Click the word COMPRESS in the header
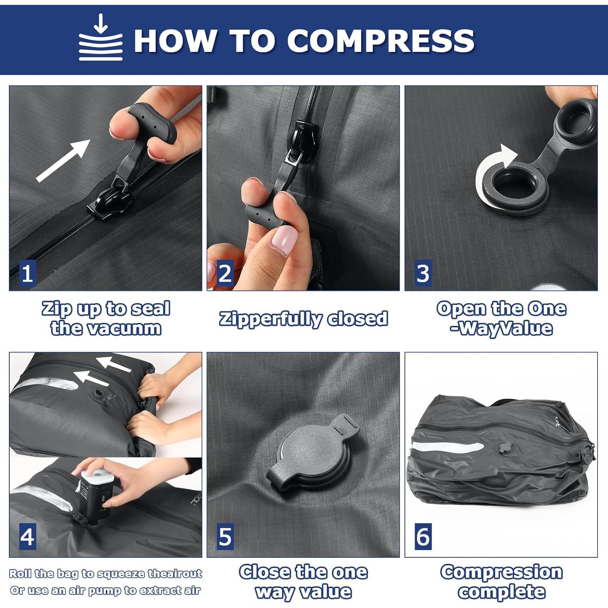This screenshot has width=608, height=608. (x=381, y=41)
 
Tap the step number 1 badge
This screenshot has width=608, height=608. (x=27, y=273)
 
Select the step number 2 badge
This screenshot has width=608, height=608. (x=225, y=273)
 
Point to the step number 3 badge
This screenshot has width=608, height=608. (x=423, y=273)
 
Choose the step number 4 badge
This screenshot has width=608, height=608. (x=27, y=536)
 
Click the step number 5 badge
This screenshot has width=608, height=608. (x=225, y=536)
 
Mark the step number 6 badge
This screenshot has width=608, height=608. (x=423, y=536)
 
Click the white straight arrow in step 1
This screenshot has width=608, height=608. (x=63, y=161)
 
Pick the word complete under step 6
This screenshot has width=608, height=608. (x=502, y=591)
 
